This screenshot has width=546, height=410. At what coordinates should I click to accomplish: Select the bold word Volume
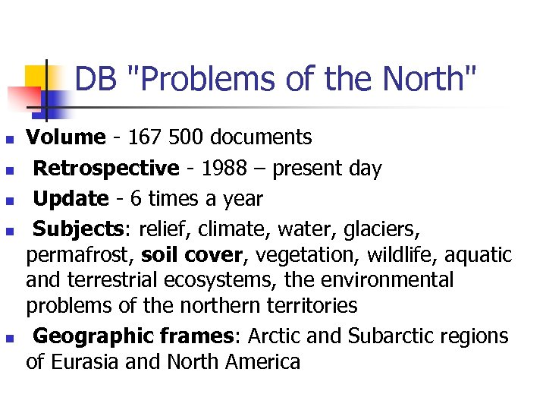65,137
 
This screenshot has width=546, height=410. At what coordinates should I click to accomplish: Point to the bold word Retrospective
106,168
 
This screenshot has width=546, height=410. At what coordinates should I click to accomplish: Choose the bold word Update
71,199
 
